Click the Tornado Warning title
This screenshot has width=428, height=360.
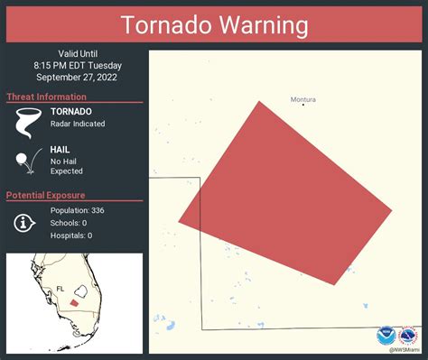tap(214, 24)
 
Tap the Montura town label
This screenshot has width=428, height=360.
tap(303, 99)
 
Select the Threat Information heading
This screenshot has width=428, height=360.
tap(47, 97)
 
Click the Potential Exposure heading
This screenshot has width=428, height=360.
tap(46, 195)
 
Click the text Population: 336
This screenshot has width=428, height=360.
tap(78, 210)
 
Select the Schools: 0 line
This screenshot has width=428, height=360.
tap(69, 223)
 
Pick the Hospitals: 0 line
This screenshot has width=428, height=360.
tap(71, 235)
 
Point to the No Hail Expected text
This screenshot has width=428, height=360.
tap(67, 165)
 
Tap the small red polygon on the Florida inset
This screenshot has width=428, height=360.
tap(75, 303)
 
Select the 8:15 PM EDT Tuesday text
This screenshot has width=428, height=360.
tap(73, 65)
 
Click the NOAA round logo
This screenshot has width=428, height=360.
tap(387, 334)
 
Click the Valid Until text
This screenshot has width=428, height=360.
tap(73, 52)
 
